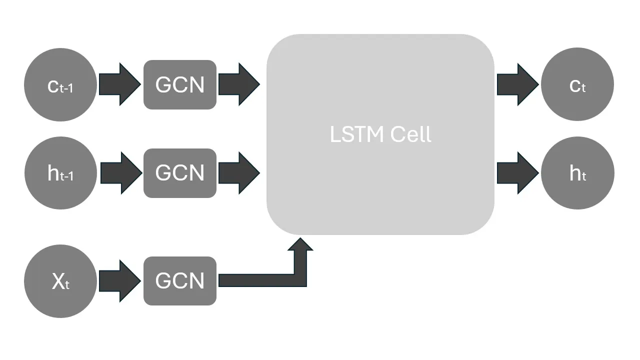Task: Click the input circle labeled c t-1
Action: point(60,85)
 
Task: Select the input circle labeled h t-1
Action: point(60,173)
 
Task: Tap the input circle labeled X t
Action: point(60,281)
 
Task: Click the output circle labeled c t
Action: point(577,85)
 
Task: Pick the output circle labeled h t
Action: point(577,173)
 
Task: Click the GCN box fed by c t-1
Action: point(180,84)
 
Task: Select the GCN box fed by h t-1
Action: point(180,173)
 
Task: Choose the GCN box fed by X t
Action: point(180,281)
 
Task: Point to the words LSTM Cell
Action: point(380,134)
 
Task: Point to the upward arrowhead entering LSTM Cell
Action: point(300,245)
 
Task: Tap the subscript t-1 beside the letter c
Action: point(67,88)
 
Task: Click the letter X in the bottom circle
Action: point(58,281)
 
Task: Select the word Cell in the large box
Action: point(410,134)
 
